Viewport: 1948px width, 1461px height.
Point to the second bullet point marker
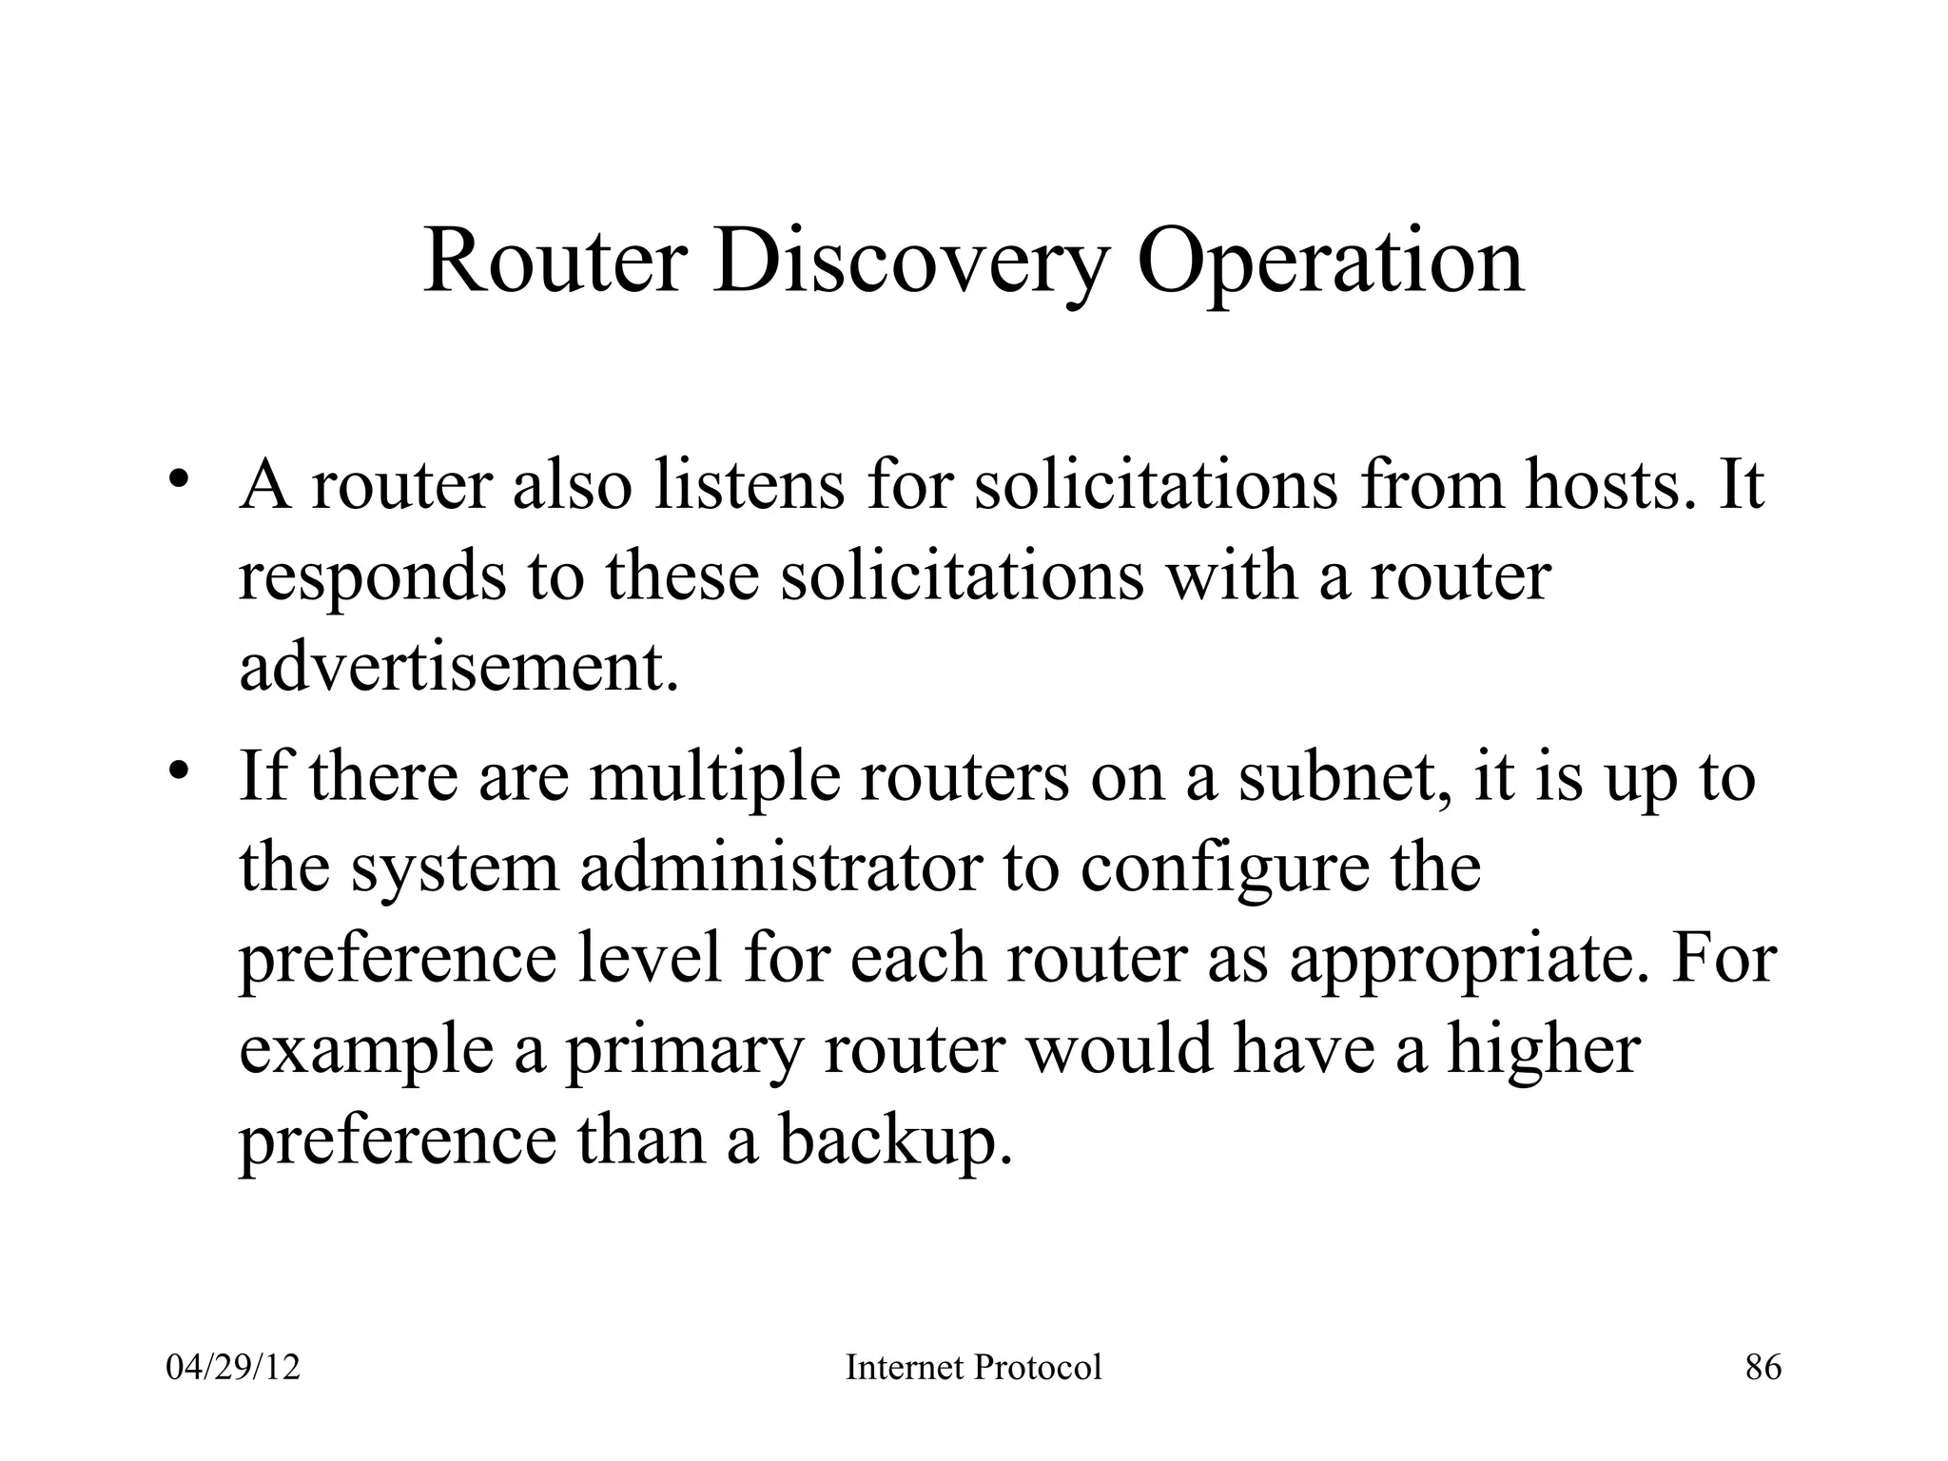(179, 769)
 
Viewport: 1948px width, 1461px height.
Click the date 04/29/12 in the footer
(233, 1368)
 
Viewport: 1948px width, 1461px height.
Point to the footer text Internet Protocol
(973, 1368)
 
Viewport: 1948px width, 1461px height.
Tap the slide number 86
(1763, 1368)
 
